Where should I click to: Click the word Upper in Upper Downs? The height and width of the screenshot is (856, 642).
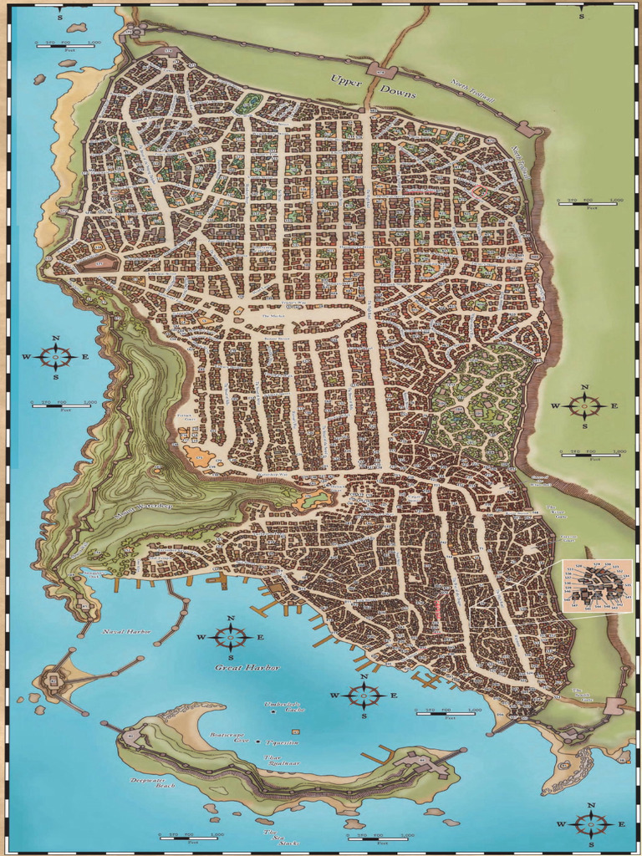pos(346,81)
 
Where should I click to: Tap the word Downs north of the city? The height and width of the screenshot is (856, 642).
pos(398,94)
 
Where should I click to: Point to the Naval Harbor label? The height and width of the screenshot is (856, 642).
pos(126,632)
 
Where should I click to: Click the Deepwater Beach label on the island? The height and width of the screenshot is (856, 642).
pos(153,782)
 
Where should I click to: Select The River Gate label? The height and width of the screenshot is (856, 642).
pos(557,512)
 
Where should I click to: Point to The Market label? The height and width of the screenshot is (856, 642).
pos(273,317)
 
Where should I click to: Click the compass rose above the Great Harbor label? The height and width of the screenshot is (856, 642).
pos(231,637)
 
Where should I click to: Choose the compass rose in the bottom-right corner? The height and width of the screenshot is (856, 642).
pos(591,824)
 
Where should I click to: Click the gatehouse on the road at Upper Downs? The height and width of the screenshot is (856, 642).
pos(382,71)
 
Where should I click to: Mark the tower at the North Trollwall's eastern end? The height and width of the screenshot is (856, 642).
pos(527,129)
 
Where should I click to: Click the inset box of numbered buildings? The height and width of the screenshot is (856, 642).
pos(597,586)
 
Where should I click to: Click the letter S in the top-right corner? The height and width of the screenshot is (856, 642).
pos(582,16)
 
